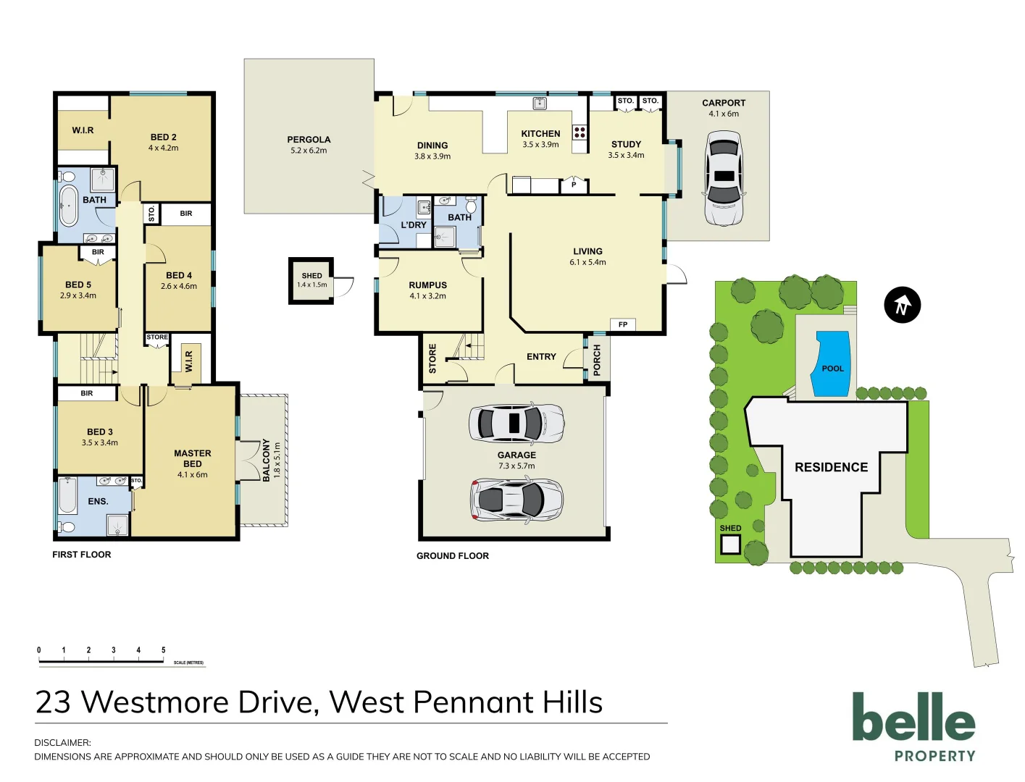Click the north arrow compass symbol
902,305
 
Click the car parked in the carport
723,178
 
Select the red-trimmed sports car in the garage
516,500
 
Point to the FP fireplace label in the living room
623,324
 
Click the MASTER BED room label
193,458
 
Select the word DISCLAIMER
62,742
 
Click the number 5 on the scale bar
163,650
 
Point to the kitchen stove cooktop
580,132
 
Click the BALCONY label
266,460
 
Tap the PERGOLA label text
309,140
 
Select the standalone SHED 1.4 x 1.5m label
311,279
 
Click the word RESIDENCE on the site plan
831,467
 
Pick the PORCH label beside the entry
597,360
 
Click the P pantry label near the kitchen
574,185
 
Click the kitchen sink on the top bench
540,104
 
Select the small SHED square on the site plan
730,544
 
